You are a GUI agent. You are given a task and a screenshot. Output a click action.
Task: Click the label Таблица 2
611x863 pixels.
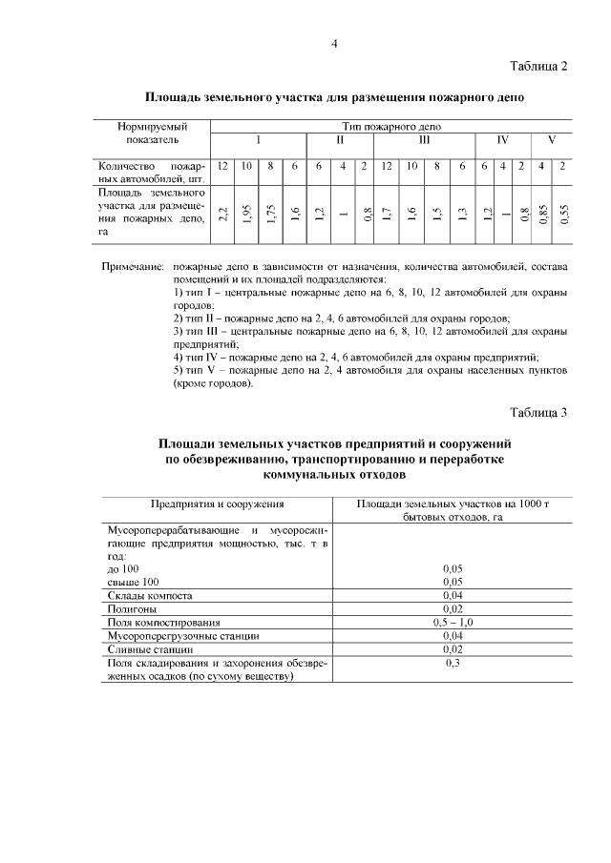tap(538, 66)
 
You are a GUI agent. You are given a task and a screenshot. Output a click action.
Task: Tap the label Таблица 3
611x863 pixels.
tap(538, 413)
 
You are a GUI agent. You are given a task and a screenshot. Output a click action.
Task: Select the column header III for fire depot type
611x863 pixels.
tap(424, 139)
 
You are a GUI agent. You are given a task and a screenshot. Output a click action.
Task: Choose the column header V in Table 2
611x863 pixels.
tap(551, 139)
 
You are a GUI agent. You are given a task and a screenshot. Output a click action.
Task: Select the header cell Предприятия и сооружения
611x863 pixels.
tap(218, 503)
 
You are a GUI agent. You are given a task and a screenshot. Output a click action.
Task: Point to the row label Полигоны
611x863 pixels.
tap(135, 607)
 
